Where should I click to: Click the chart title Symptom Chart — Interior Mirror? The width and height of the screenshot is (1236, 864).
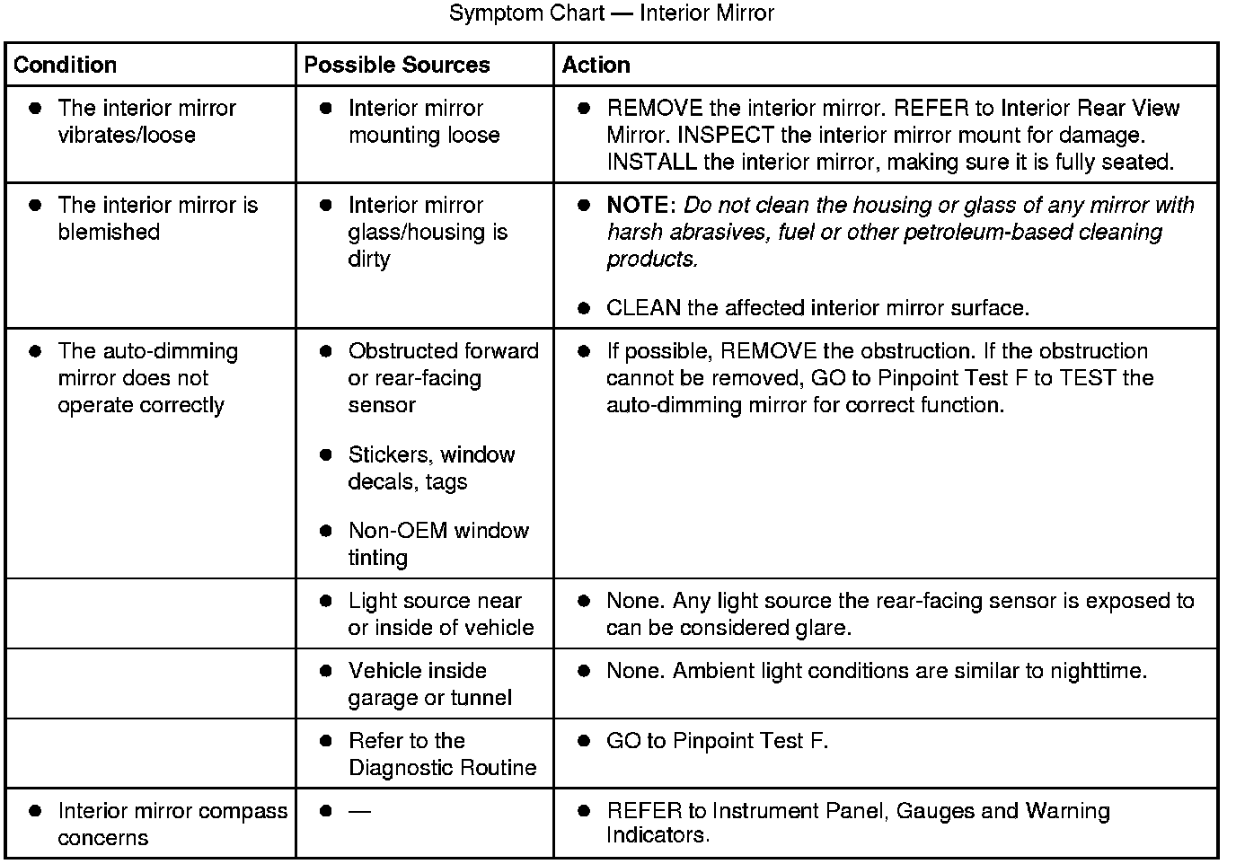pos(611,13)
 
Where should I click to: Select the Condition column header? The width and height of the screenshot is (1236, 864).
pos(66,65)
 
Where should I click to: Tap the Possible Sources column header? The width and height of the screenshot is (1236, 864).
pos(397,65)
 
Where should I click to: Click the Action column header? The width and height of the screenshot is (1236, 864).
pos(596,65)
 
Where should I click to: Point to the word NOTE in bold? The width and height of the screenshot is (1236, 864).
pos(640,205)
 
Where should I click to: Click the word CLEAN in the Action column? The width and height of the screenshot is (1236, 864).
pos(643,308)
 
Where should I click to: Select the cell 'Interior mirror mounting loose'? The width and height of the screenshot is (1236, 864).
pos(423,121)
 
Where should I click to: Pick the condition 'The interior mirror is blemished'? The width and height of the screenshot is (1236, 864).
pos(157,218)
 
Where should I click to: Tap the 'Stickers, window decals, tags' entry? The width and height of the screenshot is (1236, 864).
pos(431,468)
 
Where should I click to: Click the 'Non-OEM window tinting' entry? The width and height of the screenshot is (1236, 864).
pos(437,543)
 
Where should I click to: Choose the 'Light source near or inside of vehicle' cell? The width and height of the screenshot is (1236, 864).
pos(440,614)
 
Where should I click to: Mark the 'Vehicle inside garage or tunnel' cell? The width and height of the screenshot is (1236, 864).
pos(429,684)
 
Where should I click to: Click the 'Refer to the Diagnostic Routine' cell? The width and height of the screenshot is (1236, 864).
pos(441,754)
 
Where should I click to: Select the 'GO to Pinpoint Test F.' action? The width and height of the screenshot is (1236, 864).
pos(717,741)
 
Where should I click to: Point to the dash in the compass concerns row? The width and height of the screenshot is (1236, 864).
pos(359,811)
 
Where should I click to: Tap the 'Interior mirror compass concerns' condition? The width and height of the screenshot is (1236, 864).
pos(172,824)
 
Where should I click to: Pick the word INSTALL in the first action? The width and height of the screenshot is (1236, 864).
pos(651,162)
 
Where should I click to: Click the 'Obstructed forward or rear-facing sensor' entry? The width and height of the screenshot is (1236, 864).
pos(443,378)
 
